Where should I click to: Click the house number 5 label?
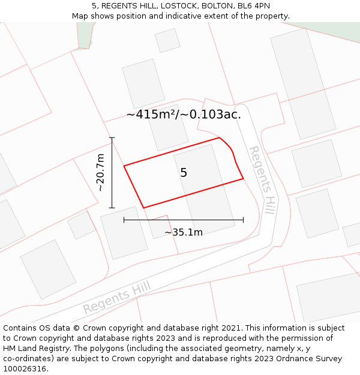coord(184,173)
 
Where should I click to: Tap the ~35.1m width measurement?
coord(184,232)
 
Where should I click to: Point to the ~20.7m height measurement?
coord(101,173)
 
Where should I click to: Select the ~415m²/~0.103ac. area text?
coord(184,114)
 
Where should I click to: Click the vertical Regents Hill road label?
coord(263,179)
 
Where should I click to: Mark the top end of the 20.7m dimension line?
coord(112,138)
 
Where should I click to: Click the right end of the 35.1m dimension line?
coord(243,220)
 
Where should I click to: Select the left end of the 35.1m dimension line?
coord(124,220)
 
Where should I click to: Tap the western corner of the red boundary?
coord(124,166)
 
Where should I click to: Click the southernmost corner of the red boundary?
coord(144,208)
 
